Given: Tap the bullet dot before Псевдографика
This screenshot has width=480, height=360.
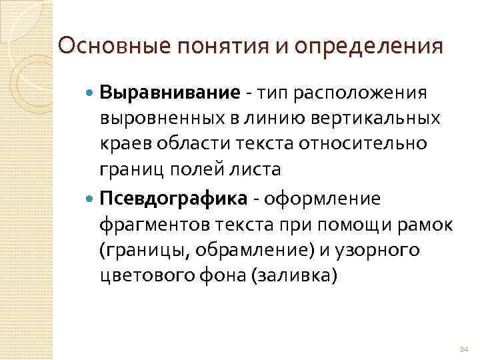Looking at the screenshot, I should point(91,198).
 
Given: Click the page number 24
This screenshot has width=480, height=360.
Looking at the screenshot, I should point(465,349).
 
